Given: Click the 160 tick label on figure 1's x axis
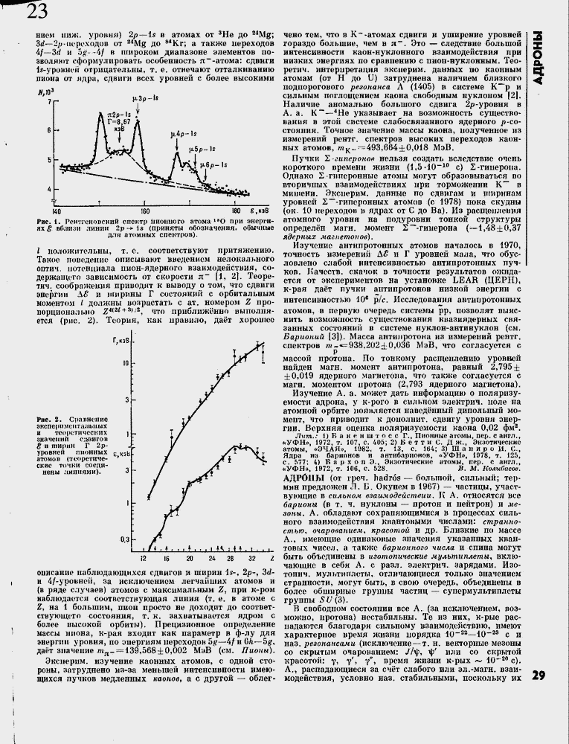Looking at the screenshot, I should tap(146, 211).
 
